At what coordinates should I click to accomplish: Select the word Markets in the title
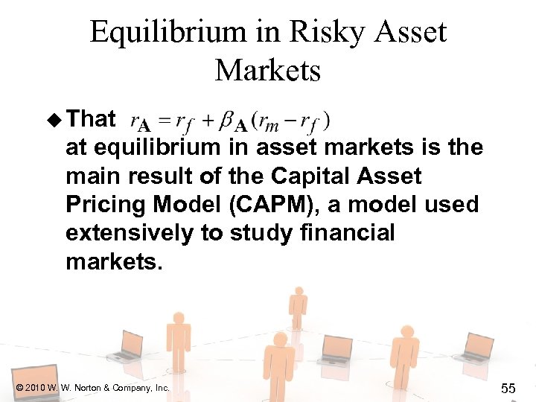coord(268,71)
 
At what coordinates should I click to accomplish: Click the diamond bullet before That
coord(54,119)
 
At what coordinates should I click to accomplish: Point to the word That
coord(91,119)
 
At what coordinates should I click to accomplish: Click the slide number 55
coord(509,387)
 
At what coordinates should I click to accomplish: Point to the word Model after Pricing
coord(188,205)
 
